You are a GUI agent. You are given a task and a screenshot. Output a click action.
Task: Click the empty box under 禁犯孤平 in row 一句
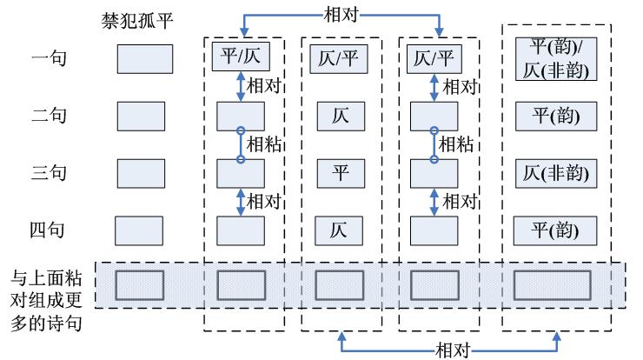(x=144, y=58)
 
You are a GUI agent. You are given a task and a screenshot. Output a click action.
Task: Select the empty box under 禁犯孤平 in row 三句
(x=141, y=173)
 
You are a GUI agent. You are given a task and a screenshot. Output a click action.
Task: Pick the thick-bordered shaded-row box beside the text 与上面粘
(x=141, y=285)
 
